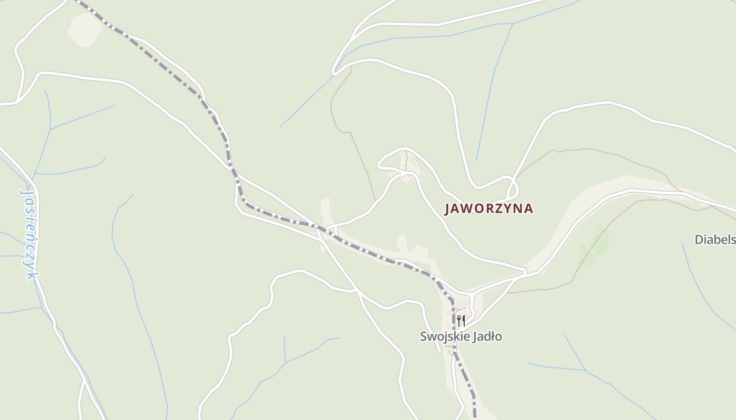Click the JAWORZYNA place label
click(x=489, y=208)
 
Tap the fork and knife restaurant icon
click(x=461, y=320)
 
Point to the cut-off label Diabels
click(x=715, y=240)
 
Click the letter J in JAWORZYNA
click(x=448, y=209)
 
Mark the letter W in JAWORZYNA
click(x=469, y=208)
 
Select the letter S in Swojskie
click(x=424, y=337)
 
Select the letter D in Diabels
click(x=699, y=240)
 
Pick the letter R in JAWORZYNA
click(x=489, y=208)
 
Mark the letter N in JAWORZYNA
click(x=518, y=208)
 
